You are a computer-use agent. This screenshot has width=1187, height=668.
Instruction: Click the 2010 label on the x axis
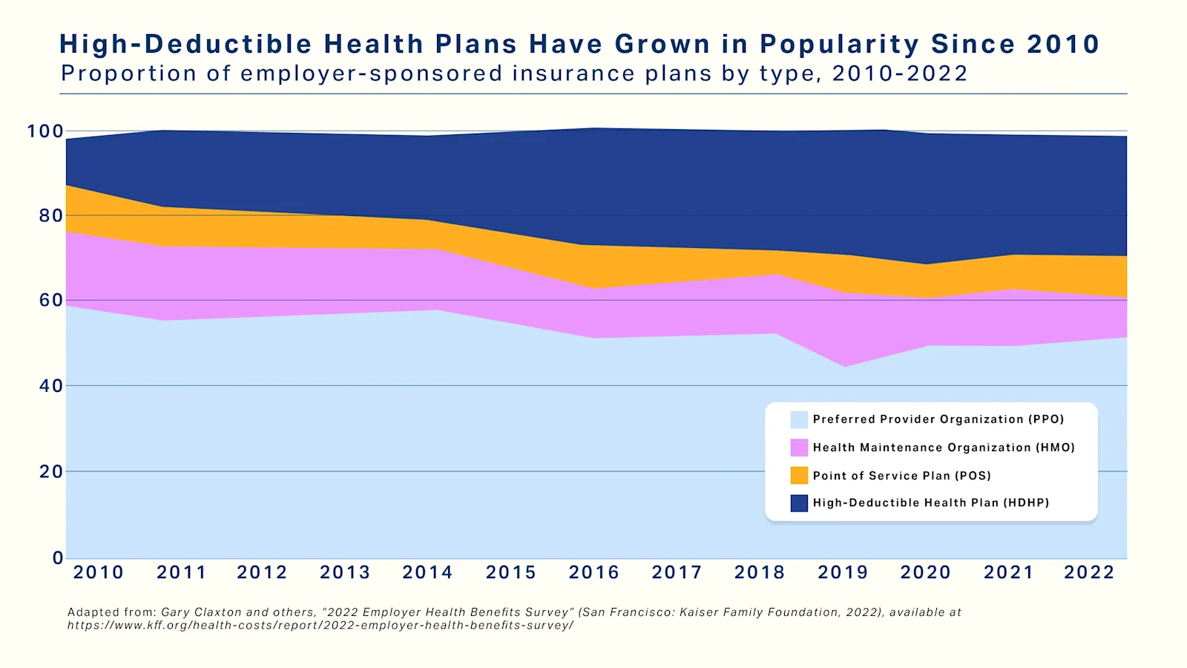pos(98,572)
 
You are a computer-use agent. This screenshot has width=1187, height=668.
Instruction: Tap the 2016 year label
pos(593,572)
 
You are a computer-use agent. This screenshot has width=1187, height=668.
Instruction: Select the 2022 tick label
pos(1089,572)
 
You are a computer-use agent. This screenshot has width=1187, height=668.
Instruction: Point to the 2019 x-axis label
pos(843,572)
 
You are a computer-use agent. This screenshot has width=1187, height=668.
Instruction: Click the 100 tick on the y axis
pos(45,131)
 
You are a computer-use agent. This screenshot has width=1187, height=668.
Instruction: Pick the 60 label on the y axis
pos(51,301)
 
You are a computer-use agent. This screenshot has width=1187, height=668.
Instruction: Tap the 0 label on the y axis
pos(58,557)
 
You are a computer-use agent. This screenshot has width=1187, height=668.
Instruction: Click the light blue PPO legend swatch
pos(799,419)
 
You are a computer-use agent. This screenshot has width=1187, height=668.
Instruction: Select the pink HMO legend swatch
pos(799,448)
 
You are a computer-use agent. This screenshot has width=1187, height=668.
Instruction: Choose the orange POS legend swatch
pos(799,475)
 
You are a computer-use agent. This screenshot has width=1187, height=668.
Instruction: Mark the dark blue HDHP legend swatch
pos(799,503)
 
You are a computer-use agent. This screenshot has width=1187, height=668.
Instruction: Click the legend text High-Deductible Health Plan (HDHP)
pos(931,503)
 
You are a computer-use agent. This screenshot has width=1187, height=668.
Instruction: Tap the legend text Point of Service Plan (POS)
pos(901,476)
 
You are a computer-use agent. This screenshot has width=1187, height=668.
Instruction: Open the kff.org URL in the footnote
pos(320,625)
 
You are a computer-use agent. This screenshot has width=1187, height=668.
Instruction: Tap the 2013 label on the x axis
pos(345,572)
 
